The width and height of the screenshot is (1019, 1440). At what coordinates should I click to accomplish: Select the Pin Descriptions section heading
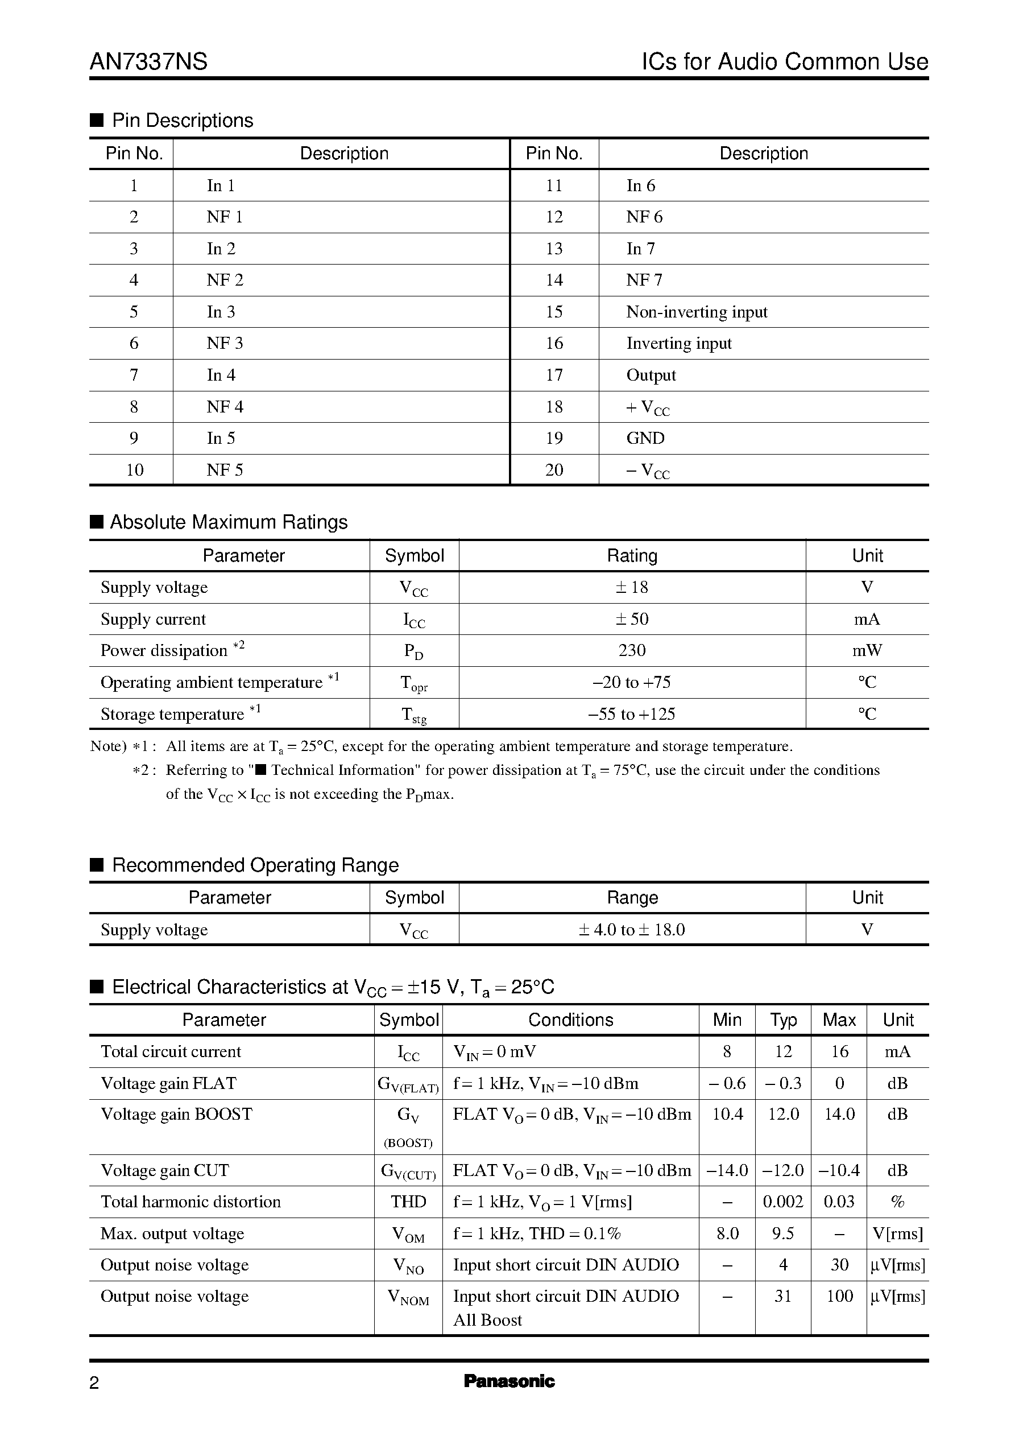point(182,120)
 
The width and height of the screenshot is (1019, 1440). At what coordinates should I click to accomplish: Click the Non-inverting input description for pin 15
point(697,312)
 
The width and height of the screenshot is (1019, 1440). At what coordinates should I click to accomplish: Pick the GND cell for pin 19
point(645,438)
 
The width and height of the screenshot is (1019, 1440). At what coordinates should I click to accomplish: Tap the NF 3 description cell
point(225,344)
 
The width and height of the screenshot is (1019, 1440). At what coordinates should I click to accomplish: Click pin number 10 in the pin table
point(134,470)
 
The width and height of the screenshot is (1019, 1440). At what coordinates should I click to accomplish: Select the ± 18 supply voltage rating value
point(631,588)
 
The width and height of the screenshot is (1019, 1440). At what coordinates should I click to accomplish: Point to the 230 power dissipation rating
point(631,650)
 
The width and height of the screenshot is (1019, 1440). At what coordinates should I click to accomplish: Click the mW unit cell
point(867,650)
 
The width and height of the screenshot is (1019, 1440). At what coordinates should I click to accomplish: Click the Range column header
point(632,898)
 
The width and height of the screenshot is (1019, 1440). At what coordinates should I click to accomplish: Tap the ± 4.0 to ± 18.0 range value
point(631,930)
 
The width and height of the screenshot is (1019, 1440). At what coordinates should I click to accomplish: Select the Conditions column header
point(570,1020)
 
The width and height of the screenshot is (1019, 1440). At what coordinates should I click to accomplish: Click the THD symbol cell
point(408,1202)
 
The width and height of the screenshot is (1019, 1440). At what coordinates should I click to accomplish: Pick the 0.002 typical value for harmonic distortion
point(782,1202)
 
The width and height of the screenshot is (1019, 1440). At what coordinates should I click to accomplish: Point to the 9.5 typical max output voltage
point(782,1233)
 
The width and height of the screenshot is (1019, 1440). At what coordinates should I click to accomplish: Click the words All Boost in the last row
point(487,1320)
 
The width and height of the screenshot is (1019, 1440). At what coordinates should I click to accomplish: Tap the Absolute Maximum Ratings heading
point(229,522)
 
